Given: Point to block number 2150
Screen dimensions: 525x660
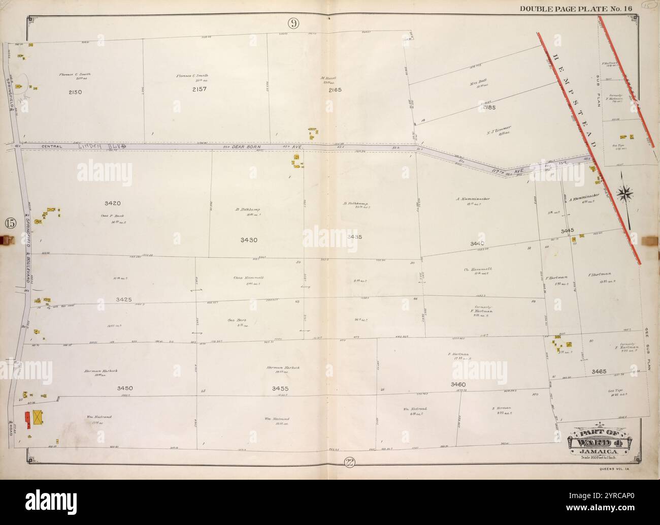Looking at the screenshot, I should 75,91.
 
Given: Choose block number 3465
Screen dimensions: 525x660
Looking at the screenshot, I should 599,372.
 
